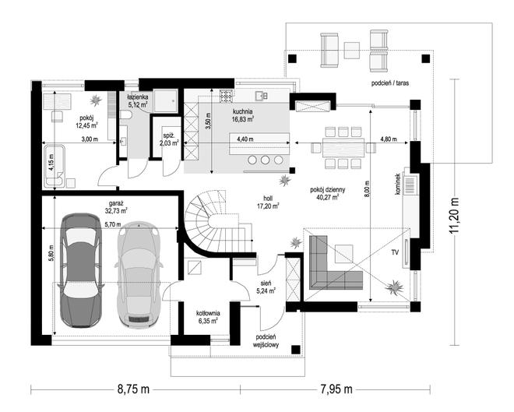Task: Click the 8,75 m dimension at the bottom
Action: [133, 389]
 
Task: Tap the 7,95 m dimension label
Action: [336, 389]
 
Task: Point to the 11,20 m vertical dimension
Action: [454, 216]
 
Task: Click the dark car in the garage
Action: [80, 270]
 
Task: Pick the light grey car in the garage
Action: [139, 274]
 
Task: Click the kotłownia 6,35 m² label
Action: [208, 317]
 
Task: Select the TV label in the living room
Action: [395, 252]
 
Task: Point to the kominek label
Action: [398, 185]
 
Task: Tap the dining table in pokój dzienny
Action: [343, 148]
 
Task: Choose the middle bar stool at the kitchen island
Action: [266, 160]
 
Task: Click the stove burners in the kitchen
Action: [226, 96]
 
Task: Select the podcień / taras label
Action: [390, 83]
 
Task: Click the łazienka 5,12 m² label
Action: [138, 101]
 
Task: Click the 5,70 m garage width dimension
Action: [113, 224]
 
